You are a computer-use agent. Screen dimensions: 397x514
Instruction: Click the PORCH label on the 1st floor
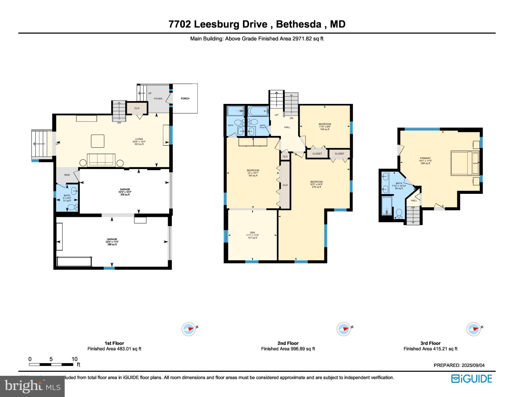tap(185, 98)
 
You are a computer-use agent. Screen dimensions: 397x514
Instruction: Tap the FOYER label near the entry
tap(158, 98)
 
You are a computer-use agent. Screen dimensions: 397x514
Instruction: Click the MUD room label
tap(67, 175)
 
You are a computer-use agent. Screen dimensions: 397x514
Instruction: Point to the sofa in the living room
tap(101, 160)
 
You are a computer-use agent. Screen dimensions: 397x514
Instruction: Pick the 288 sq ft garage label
tap(112, 242)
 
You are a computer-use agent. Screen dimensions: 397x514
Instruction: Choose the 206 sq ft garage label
tap(125, 192)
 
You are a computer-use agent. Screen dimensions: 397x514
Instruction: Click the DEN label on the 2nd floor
tap(252, 232)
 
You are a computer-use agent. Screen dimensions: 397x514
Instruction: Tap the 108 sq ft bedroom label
tap(325, 127)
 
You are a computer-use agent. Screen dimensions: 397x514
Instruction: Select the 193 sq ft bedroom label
tap(253, 173)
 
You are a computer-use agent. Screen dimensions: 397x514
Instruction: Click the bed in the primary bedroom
tap(465, 163)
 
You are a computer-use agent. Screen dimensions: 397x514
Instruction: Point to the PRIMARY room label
tap(425, 158)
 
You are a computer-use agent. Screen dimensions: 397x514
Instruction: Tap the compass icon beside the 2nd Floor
tap(344, 329)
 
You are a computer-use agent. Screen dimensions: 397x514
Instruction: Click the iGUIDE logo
tap(472, 379)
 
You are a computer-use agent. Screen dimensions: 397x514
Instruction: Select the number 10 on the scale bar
tap(75, 359)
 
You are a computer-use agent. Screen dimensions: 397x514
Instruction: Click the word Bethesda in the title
tap(299, 24)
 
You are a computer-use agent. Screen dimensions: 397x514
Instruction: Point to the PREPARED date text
tap(459, 365)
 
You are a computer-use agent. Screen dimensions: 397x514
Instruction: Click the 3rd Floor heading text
tap(430, 343)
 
